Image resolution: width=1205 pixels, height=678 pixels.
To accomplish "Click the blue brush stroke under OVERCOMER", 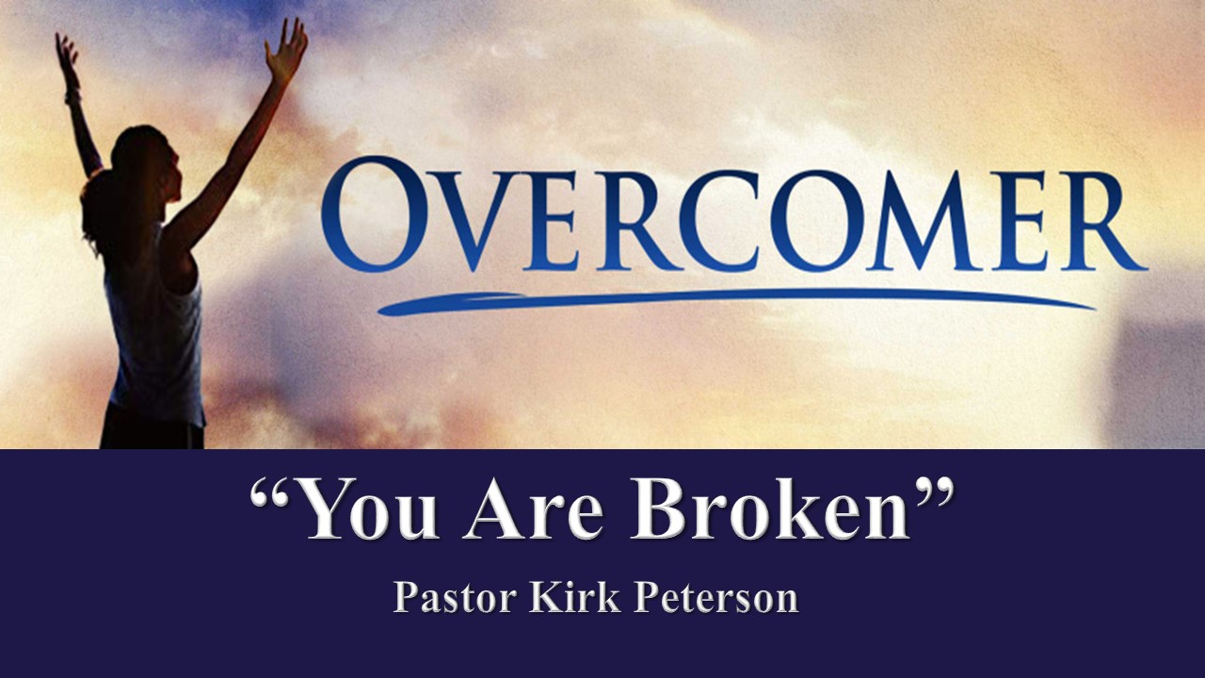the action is (x=737, y=302).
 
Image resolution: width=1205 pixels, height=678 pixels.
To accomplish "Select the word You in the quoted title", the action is (x=367, y=508).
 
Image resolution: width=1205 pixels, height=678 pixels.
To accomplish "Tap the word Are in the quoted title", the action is (x=534, y=508).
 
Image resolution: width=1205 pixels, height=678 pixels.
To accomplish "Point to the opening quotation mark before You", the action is (x=271, y=492).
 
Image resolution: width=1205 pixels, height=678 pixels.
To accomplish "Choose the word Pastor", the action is (x=455, y=597).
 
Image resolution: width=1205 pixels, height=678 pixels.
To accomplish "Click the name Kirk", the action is (x=575, y=596).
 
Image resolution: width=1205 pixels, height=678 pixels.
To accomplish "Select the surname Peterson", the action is (x=716, y=597).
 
